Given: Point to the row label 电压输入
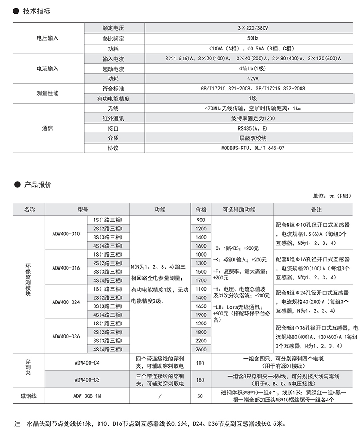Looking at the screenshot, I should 47,39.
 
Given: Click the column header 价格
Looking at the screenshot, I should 201,210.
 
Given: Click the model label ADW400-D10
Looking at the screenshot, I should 66,234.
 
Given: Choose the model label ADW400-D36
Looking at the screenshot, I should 66,336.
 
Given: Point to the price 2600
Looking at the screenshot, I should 201,349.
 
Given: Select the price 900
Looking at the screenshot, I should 201,220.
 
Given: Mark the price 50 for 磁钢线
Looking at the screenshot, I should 201,396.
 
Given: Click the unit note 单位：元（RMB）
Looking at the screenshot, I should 331,196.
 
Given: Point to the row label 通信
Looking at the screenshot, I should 47,128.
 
